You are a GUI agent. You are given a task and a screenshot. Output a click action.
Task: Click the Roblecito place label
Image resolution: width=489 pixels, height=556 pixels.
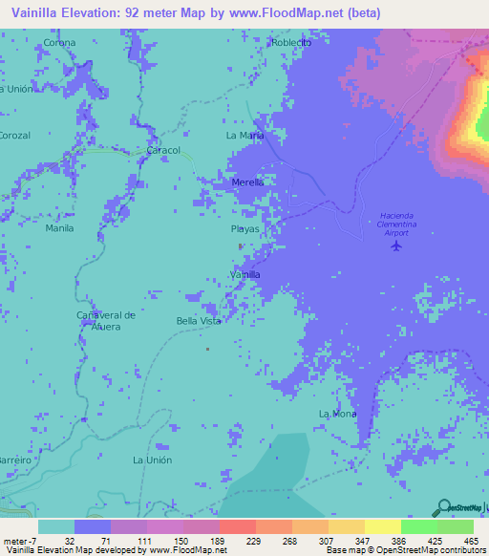pyautogui.click(x=291, y=43)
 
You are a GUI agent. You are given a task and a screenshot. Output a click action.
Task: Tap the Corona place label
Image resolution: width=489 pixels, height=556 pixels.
pyautogui.click(x=59, y=43)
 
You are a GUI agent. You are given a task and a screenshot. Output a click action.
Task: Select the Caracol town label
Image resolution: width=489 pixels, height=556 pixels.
pyautogui.click(x=162, y=151)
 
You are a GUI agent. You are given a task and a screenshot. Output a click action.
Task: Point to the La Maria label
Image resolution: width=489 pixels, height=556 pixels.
pyautogui.click(x=244, y=136)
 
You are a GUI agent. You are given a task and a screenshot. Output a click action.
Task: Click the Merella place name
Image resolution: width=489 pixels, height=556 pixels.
pyautogui.click(x=247, y=182)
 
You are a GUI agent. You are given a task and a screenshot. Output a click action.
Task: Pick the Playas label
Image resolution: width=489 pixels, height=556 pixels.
pyautogui.click(x=244, y=229)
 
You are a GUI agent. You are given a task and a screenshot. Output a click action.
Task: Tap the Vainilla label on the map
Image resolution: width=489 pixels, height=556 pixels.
pyautogui.click(x=245, y=275)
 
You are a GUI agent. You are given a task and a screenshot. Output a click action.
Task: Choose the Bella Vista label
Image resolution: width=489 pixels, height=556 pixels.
pyautogui.click(x=199, y=321)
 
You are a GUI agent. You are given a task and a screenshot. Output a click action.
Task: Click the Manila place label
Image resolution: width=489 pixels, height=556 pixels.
pyautogui.click(x=59, y=229)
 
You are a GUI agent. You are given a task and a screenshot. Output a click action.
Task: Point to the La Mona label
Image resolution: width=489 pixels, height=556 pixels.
pyautogui.click(x=337, y=414)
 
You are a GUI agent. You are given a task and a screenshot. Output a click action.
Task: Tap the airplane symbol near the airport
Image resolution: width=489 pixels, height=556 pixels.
pyautogui.click(x=397, y=246)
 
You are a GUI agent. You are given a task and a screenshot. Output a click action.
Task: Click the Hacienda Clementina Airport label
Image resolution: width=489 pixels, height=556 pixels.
pyautogui.click(x=393, y=224)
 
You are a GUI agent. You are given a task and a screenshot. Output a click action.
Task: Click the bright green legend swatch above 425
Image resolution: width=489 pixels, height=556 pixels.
pyautogui.click(x=418, y=526)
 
